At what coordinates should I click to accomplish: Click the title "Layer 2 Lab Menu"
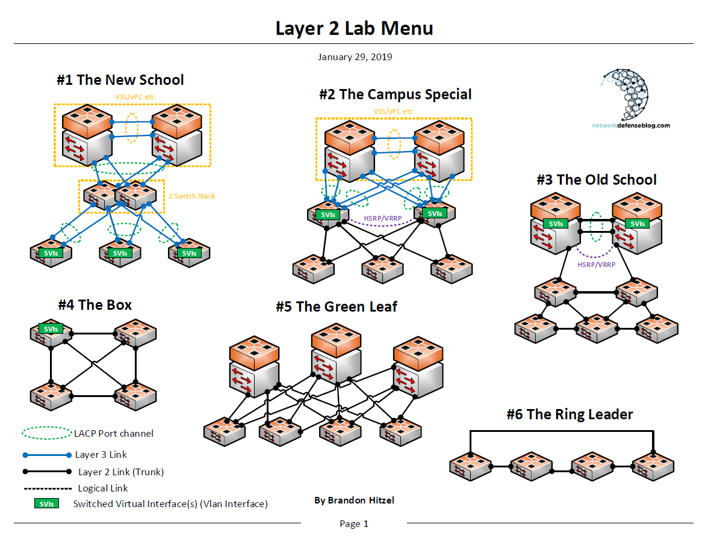click(354, 28)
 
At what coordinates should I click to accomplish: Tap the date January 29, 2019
click(355, 57)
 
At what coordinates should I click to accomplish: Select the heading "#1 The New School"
click(120, 80)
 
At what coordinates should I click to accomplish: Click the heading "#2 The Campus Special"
click(396, 94)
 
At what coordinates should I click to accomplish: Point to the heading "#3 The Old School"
click(597, 180)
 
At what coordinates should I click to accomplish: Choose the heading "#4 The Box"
click(95, 305)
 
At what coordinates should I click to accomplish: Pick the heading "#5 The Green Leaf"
click(337, 307)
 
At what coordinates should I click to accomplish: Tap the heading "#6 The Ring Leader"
click(570, 414)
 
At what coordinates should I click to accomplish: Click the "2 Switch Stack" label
click(191, 196)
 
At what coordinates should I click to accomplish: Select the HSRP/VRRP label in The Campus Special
click(383, 218)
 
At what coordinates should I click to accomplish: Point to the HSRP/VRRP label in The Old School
click(596, 264)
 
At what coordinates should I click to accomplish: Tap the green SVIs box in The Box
click(51, 328)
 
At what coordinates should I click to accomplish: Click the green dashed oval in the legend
click(46, 433)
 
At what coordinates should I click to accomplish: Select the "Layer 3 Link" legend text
click(101, 455)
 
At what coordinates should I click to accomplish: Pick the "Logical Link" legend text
click(103, 488)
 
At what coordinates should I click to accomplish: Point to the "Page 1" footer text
click(354, 524)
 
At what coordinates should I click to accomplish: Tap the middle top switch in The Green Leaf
click(336, 358)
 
